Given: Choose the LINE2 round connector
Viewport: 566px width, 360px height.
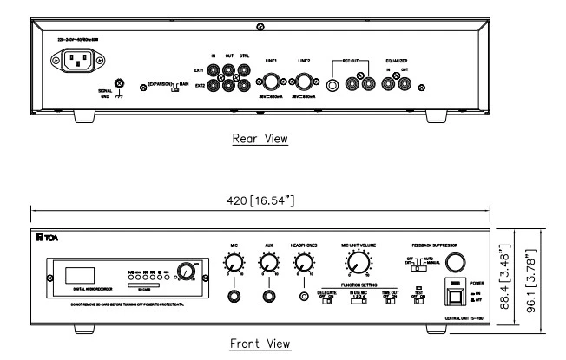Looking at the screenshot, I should click(x=306, y=83).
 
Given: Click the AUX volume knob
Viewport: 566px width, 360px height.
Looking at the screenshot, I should click(x=269, y=263).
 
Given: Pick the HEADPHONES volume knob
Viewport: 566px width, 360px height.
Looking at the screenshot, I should click(x=305, y=263).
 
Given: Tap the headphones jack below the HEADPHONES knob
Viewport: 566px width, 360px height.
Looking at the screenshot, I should click(x=305, y=298).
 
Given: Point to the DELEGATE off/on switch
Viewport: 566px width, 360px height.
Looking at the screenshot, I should click(x=329, y=301).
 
